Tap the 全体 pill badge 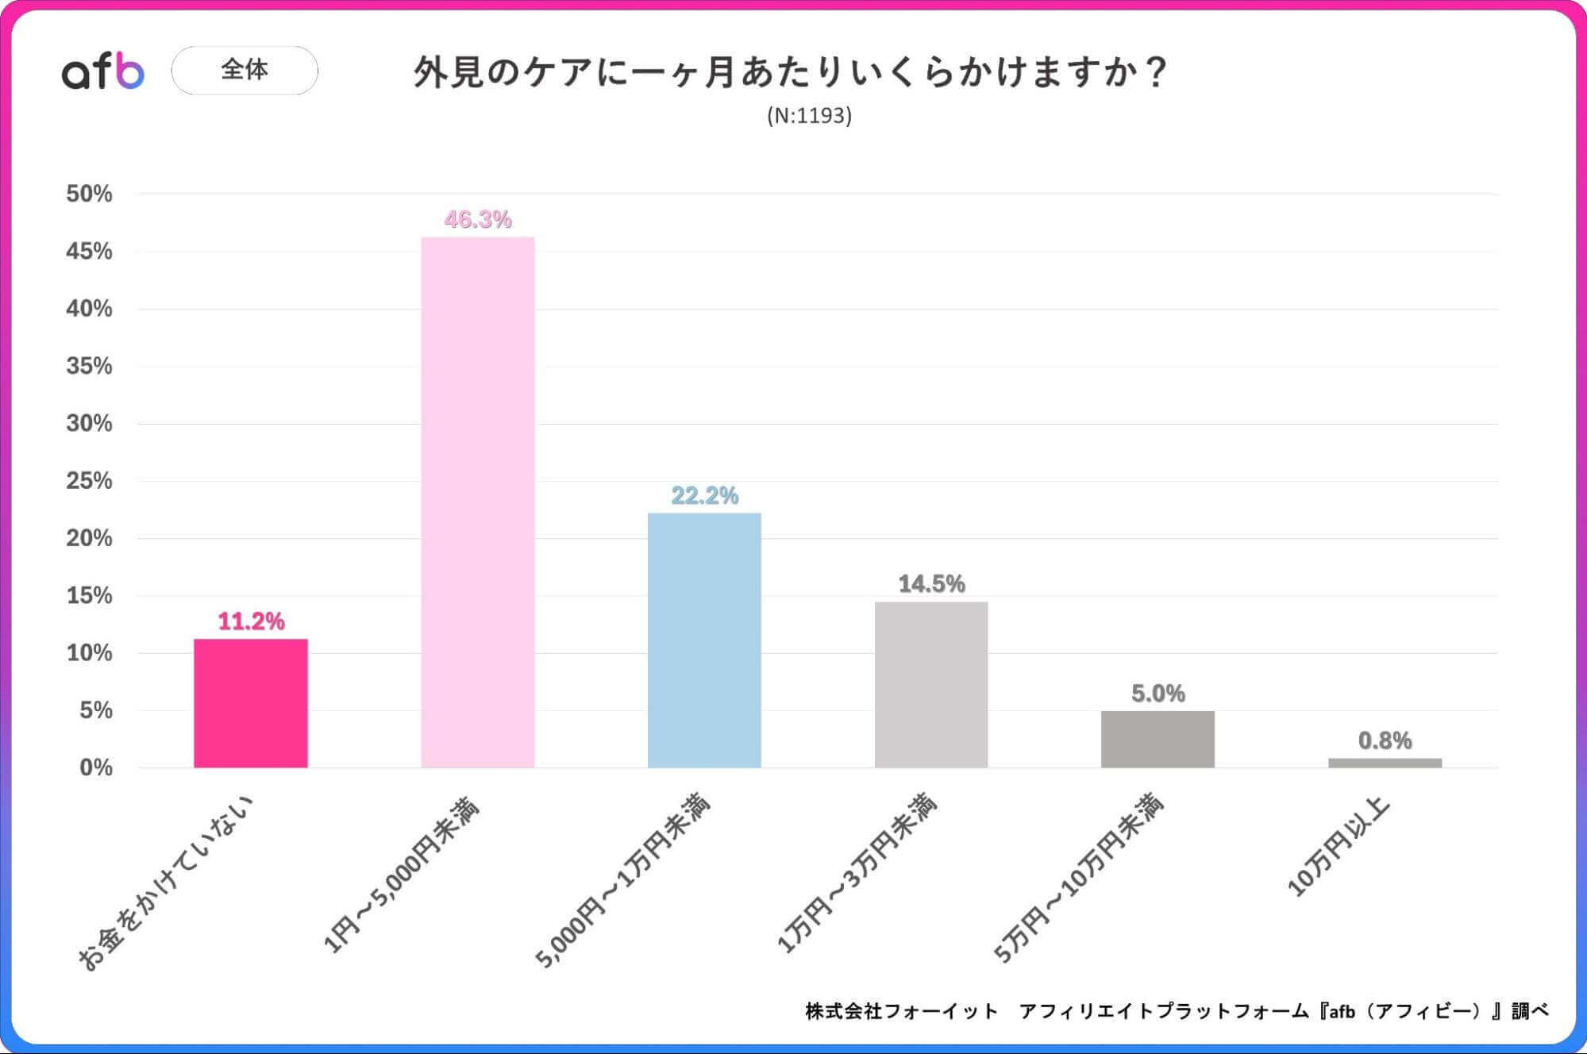coord(245,71)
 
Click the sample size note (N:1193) coord(809,116)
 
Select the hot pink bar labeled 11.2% coord(251,703)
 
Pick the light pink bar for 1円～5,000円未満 coord(478,502)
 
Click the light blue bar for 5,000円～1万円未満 coord(704,640)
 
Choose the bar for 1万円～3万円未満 coord(931,684)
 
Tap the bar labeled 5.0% coord(1158,739)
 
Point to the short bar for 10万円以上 coord(1385,763)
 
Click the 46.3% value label coord(478,220)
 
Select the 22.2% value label coord(704,496)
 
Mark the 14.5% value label coord(931,584)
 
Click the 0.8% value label coord(1385,740)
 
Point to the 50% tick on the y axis coord(89,194)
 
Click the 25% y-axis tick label coord(89,481)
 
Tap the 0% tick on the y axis coord(95,767)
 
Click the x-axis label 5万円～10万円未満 coord(1080,877)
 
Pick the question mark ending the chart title coord(1156,72)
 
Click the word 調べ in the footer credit coord(1529,1011)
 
